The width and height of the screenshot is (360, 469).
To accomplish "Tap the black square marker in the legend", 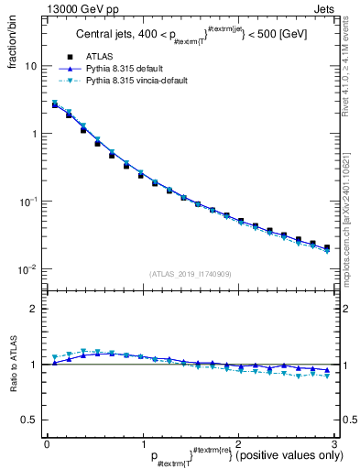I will (70, 56).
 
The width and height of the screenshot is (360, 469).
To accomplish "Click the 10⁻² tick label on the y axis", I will (27, 269).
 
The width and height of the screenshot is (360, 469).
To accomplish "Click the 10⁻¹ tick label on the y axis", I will (27, 202).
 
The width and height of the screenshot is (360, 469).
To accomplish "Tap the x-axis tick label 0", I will (47, 442).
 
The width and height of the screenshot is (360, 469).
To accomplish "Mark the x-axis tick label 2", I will (238, 442).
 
